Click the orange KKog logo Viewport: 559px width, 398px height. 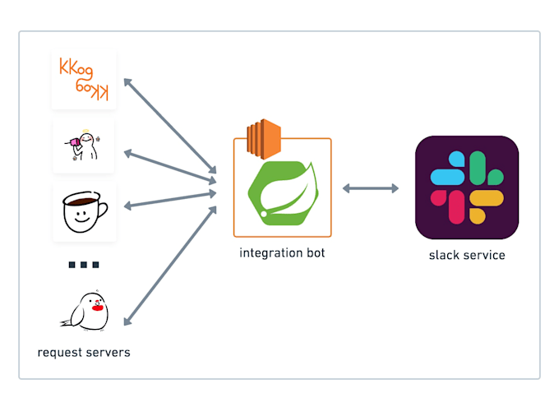pyautogui.click(x=84, y=79)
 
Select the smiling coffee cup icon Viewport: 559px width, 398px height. pyautogui.click(x=85, y=212)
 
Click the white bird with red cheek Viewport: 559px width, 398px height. pyautogui.click(x=85, y=311)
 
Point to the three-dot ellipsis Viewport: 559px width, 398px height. pyautogui.click(x=84, y=265)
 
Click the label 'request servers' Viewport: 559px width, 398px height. pyautogui.click(x=84, y=352)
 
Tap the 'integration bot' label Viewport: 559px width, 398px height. pyautogui.click(x=282, y=252)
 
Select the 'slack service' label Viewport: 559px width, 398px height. pyautogui.click(x=467, y=255)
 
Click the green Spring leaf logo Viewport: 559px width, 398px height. pyautogui.click(x=283, y=193)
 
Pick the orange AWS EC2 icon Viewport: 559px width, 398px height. pyautogui.click(x=264, y=139)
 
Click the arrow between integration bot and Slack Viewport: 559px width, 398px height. pyautogui.click(x=371, y=188)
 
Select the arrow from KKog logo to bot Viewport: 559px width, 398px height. pyautogui.click(x=170, y=126)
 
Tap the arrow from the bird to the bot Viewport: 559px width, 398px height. pyautogui.click(x=170, y=266)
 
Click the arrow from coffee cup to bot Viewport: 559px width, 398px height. pyautogui.click(x=170, y=200)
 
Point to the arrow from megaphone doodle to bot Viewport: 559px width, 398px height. pyautogui.click(x=170, y=167)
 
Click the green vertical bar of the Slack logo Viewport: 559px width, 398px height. pyautogui.click(x=478, y=168)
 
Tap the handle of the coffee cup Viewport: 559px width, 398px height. pyautogui.click(x=102, y=210)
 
